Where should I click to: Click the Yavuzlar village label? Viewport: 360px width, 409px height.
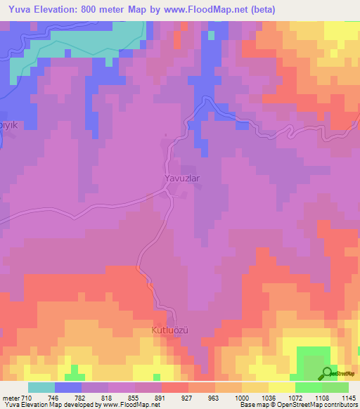coord(182,178)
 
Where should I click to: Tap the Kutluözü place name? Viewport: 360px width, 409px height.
coord(172,329)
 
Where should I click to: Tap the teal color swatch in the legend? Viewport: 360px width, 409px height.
coord(41,387)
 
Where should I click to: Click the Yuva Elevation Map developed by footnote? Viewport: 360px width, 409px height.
coord(81,405)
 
